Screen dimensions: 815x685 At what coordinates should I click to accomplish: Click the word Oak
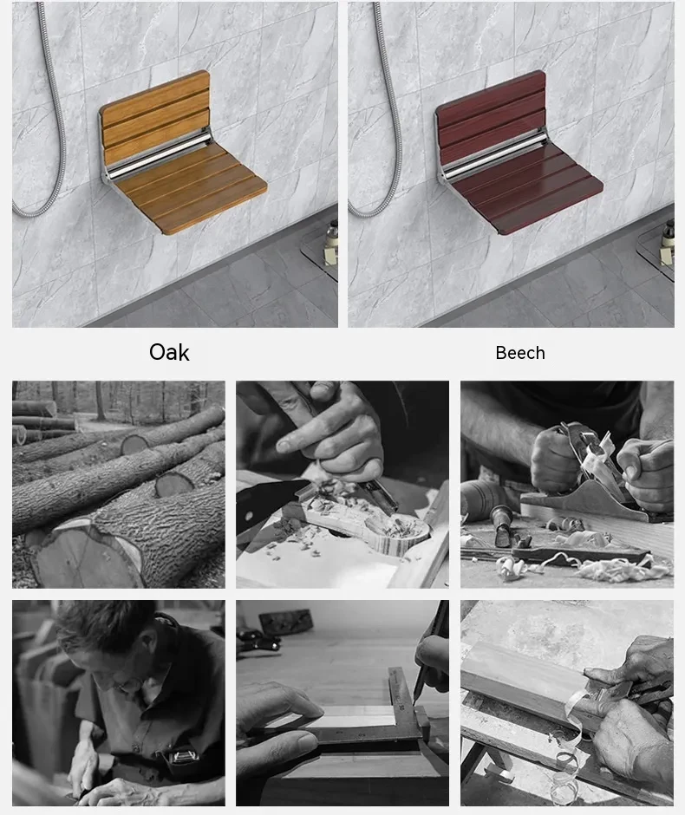coord(169,352)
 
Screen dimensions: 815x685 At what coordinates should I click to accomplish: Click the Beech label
coord(520,353)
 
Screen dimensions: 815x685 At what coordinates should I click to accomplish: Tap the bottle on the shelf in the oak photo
coord(330,243)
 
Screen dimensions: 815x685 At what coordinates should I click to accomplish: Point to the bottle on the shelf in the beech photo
coord(667,243)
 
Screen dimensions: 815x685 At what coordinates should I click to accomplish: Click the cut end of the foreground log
coord(87,555)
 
